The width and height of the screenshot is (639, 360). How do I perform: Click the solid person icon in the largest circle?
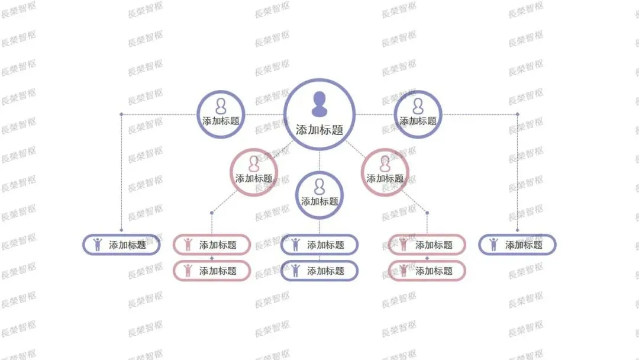319,104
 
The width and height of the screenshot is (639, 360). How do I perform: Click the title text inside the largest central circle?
319,130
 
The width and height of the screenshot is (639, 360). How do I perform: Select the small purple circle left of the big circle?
221,114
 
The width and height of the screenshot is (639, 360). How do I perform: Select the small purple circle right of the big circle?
418,114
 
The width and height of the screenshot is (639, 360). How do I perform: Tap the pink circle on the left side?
254,172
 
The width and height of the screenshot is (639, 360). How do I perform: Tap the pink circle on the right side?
385,172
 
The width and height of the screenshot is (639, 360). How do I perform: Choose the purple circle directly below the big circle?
319,195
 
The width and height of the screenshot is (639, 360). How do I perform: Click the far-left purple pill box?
121,245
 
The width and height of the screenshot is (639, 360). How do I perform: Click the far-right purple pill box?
517,245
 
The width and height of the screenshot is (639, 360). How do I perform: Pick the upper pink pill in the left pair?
212,245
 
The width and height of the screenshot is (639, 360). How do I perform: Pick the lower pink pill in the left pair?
212,271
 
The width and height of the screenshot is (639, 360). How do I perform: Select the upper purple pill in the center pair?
319,245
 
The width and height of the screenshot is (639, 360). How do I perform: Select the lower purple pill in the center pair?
319,271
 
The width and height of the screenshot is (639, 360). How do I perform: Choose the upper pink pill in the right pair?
427,245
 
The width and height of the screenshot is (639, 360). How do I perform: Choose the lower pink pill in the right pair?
427,271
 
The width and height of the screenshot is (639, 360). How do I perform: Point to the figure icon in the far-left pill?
98,244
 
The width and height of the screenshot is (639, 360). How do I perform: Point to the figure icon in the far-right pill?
493,244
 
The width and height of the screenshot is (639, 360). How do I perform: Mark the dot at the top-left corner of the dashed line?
121,114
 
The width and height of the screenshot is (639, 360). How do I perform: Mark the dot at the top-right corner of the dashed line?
517,114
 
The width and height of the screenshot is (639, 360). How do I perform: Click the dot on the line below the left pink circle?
212,213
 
